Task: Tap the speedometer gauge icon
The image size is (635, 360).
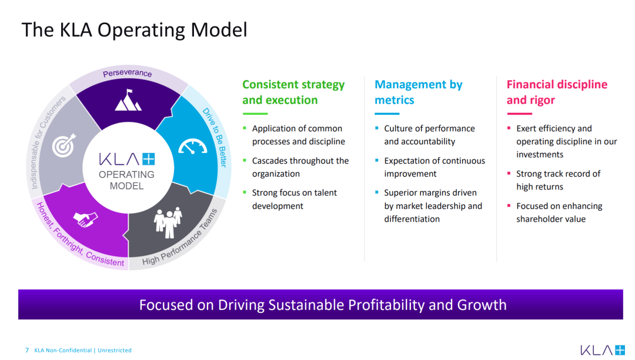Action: [193, 146]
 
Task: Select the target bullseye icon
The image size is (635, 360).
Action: [64, 145]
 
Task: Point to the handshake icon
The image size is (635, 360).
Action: [85, 219]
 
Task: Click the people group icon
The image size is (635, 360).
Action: [168, 222]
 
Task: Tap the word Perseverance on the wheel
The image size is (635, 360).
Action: [127, 73]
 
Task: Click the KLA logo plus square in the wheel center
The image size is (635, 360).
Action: [149, 159]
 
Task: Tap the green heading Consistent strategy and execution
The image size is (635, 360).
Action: [293, 92]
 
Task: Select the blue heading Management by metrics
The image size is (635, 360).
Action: [419, 92]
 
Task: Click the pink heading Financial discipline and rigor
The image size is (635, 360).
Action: [557, 92]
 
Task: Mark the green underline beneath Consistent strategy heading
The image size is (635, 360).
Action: [255, 114]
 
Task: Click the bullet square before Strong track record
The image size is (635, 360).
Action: [509, 174]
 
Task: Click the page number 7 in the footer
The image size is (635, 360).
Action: [27, 350]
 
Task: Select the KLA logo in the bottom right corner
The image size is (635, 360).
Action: [603, 350]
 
